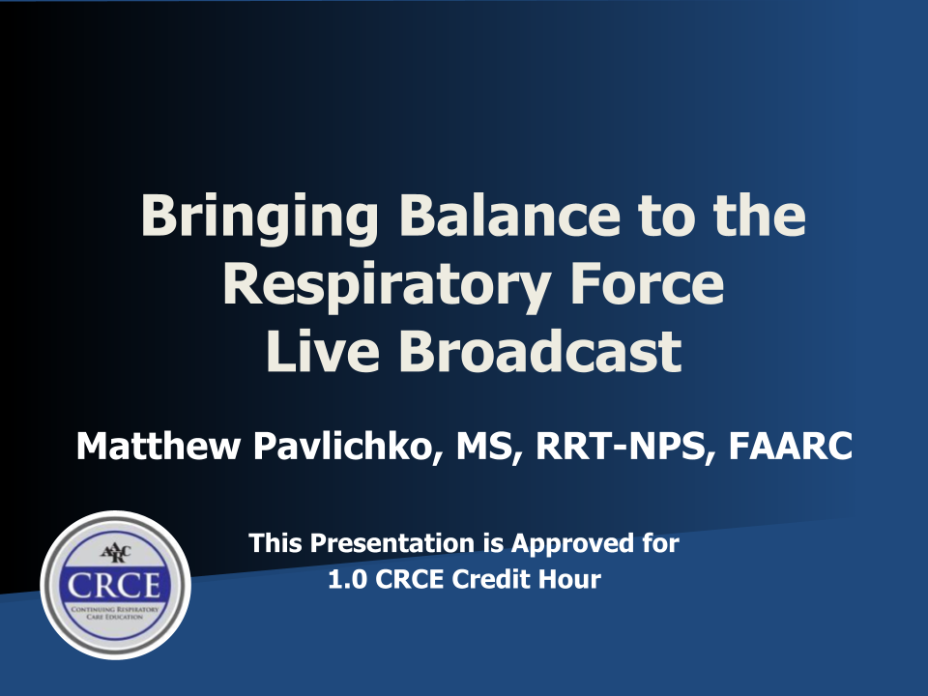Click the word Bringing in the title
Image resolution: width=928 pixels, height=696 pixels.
[x=259, y=217]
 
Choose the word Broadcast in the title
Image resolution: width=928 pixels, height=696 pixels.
[x=540, y=351]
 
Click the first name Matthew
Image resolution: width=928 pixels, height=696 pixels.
[x=158, y=446]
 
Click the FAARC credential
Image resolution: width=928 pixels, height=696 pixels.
[x=790, y=446]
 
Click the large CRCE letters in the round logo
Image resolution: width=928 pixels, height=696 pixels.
[x=114, y=586]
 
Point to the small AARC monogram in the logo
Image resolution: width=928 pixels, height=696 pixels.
[x=116, y=554]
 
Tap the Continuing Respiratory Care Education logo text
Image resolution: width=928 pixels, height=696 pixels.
[x=115, y=613]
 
